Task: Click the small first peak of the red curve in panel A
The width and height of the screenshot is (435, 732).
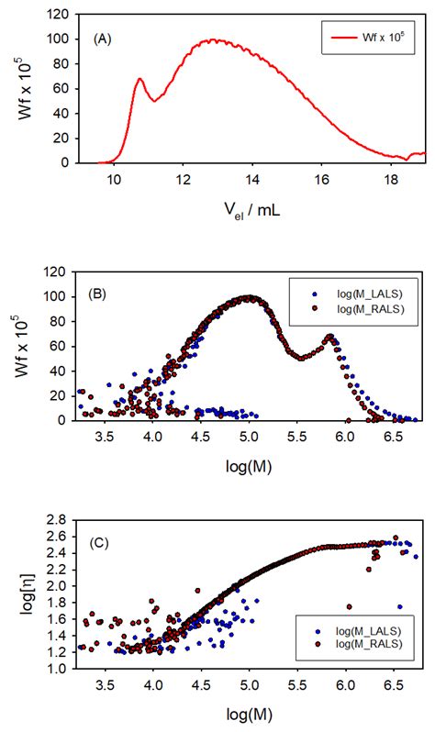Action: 139,79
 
